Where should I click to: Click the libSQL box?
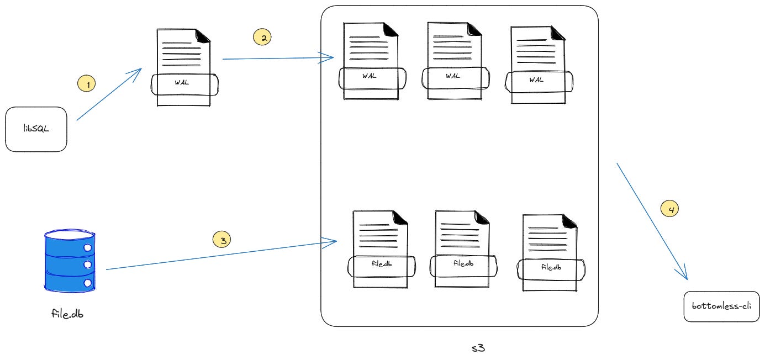coord(36,129)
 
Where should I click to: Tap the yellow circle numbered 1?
coord(87,84)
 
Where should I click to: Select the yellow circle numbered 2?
coord(262,38)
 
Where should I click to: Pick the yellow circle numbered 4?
coord(670,209)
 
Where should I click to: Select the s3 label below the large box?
coord(478,348)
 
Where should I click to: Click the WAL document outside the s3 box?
coord(184,66)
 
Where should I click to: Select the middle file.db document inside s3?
coord(462,249)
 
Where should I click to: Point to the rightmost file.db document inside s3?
coord(548,252)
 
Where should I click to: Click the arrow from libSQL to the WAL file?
coord(109,95)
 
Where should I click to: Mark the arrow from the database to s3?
coord(221,255)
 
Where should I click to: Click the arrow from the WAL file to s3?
coord(276,58)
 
